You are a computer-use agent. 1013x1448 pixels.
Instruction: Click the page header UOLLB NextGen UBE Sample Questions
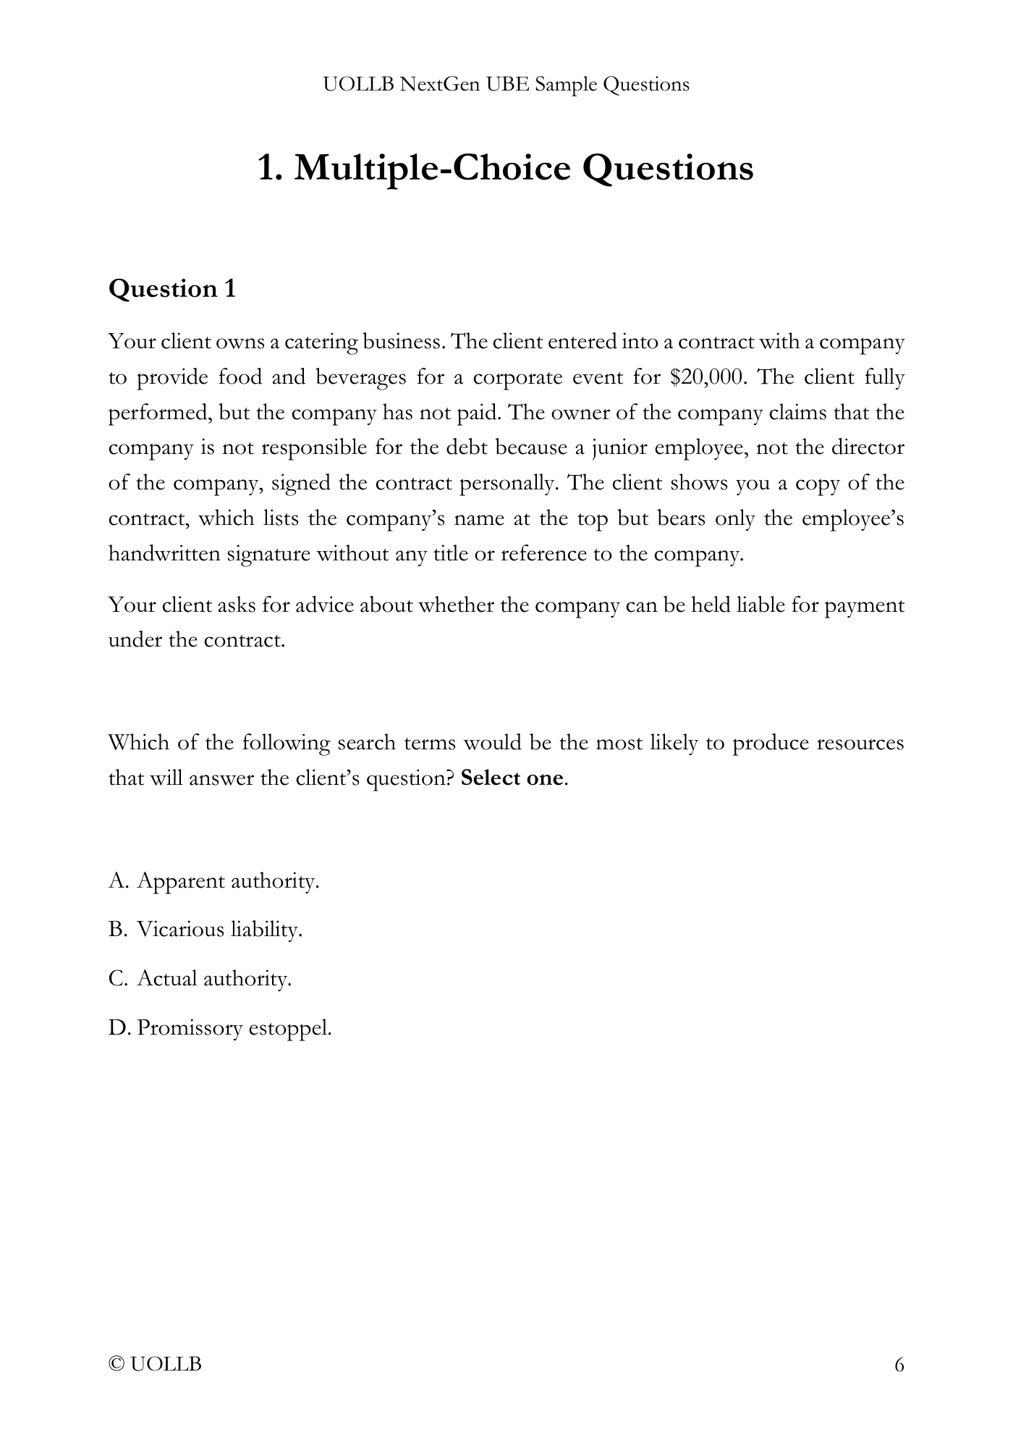click(x=506, y=85)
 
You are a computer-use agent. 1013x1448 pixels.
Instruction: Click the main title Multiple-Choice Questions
click(x=506, y=168)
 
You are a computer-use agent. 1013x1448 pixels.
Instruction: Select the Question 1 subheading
click(x=172, y=289)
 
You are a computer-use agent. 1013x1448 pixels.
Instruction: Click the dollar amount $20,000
click(x=708, y=377)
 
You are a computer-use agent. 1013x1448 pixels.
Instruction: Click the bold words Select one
click(x=512, y=778)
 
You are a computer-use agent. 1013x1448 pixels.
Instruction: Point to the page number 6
click(x=899, y=1365)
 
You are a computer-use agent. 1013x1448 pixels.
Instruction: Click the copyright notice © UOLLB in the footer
click(x=155, y=1365)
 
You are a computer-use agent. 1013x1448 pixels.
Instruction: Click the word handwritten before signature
click(x=165, y=555)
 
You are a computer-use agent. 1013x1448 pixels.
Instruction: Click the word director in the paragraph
click(x=868, y=448)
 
